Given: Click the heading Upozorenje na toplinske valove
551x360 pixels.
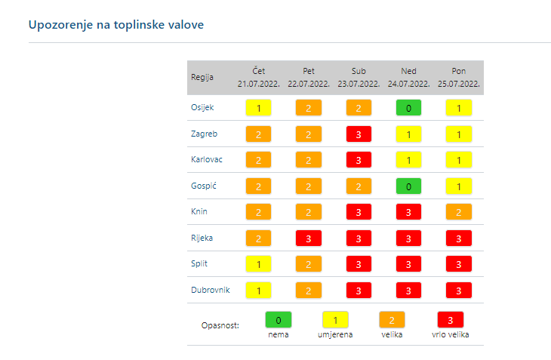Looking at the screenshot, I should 116,25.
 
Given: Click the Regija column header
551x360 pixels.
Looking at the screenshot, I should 202,77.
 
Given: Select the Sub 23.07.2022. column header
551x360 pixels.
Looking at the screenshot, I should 359,77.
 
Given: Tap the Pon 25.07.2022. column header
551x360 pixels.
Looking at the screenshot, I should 458,77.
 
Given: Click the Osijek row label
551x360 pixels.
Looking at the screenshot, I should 203,107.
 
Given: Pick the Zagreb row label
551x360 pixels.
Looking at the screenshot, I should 204,134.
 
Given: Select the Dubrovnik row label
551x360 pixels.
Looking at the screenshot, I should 210,290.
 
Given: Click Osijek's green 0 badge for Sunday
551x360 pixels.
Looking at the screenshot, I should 408,108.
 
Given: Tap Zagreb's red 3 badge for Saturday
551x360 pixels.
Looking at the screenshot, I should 359,134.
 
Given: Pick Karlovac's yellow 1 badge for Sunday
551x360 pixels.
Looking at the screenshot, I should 408,160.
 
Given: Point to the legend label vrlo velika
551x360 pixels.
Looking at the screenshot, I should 451,334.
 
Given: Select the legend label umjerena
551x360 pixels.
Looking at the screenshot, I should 334,334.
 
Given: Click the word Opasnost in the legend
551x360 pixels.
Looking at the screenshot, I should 220,325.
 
